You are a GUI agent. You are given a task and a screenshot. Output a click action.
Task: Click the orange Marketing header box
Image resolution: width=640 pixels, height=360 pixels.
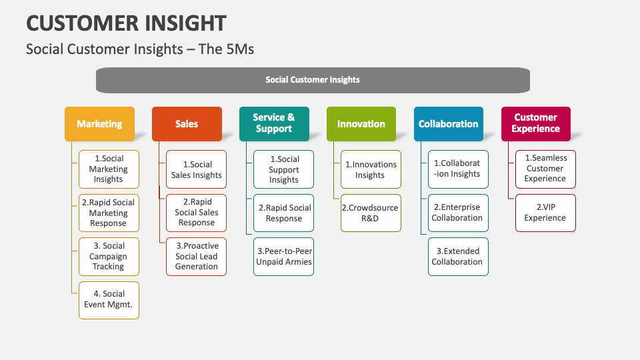tap(99, 124)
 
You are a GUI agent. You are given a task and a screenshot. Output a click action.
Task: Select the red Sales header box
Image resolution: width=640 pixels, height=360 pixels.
tap(187, 124)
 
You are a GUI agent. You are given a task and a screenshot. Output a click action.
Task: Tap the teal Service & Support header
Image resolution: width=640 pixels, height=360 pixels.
tap(274, 124)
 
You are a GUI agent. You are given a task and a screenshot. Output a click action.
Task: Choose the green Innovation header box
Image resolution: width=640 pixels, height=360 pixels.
tap(361, 124)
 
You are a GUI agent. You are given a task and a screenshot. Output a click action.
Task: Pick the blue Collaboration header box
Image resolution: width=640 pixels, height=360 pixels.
tap(449, 124)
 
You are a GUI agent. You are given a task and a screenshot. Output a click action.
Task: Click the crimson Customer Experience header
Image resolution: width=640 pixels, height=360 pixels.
tap(536, 124)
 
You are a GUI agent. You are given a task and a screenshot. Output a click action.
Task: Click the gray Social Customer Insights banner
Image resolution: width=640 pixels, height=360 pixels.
tap(313, 80)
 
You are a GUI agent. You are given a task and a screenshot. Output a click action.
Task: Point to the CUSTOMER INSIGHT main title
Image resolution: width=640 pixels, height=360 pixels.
tap(126, 23)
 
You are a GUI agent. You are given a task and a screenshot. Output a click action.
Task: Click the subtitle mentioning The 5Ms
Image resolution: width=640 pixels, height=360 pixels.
tap(140, 49)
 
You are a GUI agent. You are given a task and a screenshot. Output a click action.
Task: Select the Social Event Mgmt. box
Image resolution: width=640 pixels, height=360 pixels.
tap(109, 300)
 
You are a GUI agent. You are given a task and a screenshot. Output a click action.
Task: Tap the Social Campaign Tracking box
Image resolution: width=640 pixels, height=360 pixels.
tap(109, 257)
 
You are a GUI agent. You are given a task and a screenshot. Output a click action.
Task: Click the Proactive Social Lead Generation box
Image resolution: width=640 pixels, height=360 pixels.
tap(197, 257)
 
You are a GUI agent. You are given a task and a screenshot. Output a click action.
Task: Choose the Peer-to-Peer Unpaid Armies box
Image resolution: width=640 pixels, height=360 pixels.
tap(284, 257)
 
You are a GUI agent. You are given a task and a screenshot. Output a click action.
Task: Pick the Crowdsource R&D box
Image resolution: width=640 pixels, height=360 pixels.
tap(371, 213)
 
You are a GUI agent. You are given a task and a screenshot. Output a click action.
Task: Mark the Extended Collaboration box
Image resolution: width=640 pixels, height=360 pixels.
tap(458, 257)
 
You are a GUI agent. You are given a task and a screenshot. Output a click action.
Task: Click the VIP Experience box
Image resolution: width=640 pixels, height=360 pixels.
tap(545, 213)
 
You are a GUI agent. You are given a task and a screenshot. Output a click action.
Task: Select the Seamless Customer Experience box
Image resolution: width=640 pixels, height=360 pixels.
tap(545, 169)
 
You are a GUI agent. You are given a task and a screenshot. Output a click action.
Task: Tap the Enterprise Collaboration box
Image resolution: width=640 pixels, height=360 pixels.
tap(458, 213)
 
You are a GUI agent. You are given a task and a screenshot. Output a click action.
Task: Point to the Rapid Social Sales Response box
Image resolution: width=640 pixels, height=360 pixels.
tap(197, 213)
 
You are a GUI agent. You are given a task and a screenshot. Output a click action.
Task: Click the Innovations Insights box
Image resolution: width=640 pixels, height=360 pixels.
tap(371, 169)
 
